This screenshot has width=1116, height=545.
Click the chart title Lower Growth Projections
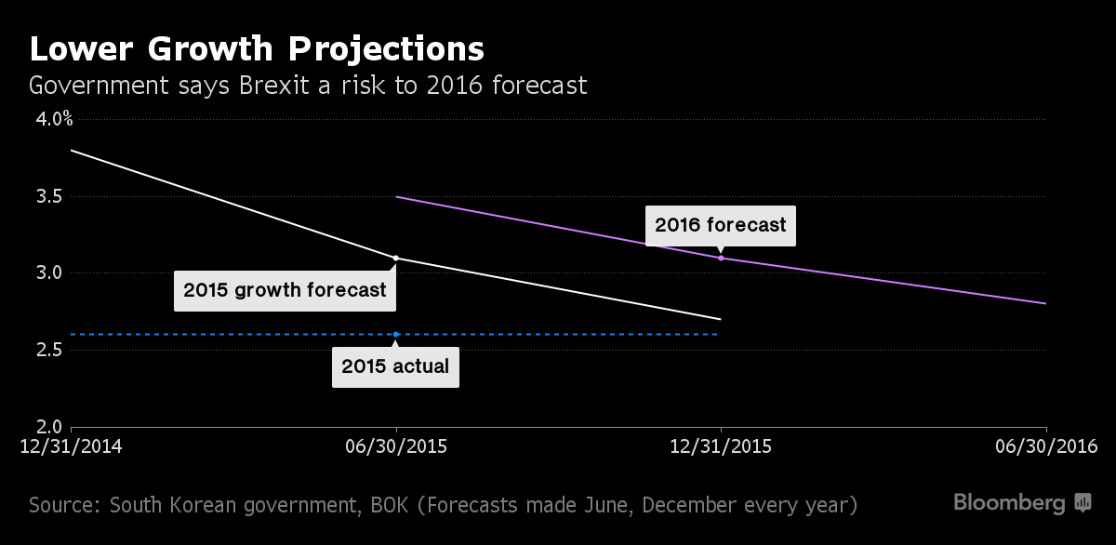click(256, 48)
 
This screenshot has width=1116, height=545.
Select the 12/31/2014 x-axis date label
click(72, 447)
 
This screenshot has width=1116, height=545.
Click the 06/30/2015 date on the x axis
click(396, 447)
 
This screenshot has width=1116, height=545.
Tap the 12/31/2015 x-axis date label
click(721, 447)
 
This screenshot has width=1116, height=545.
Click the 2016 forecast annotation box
click(721, 225)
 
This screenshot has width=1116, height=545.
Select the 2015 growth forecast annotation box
click(285, 290)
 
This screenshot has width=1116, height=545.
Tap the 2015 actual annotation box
click(395, 366)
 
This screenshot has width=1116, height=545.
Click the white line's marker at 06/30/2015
click(396, 258)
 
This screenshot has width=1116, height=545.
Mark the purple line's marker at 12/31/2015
click(721, 258)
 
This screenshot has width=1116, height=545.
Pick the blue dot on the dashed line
click(396, 334)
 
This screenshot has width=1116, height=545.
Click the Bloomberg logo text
click(1009, 503)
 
